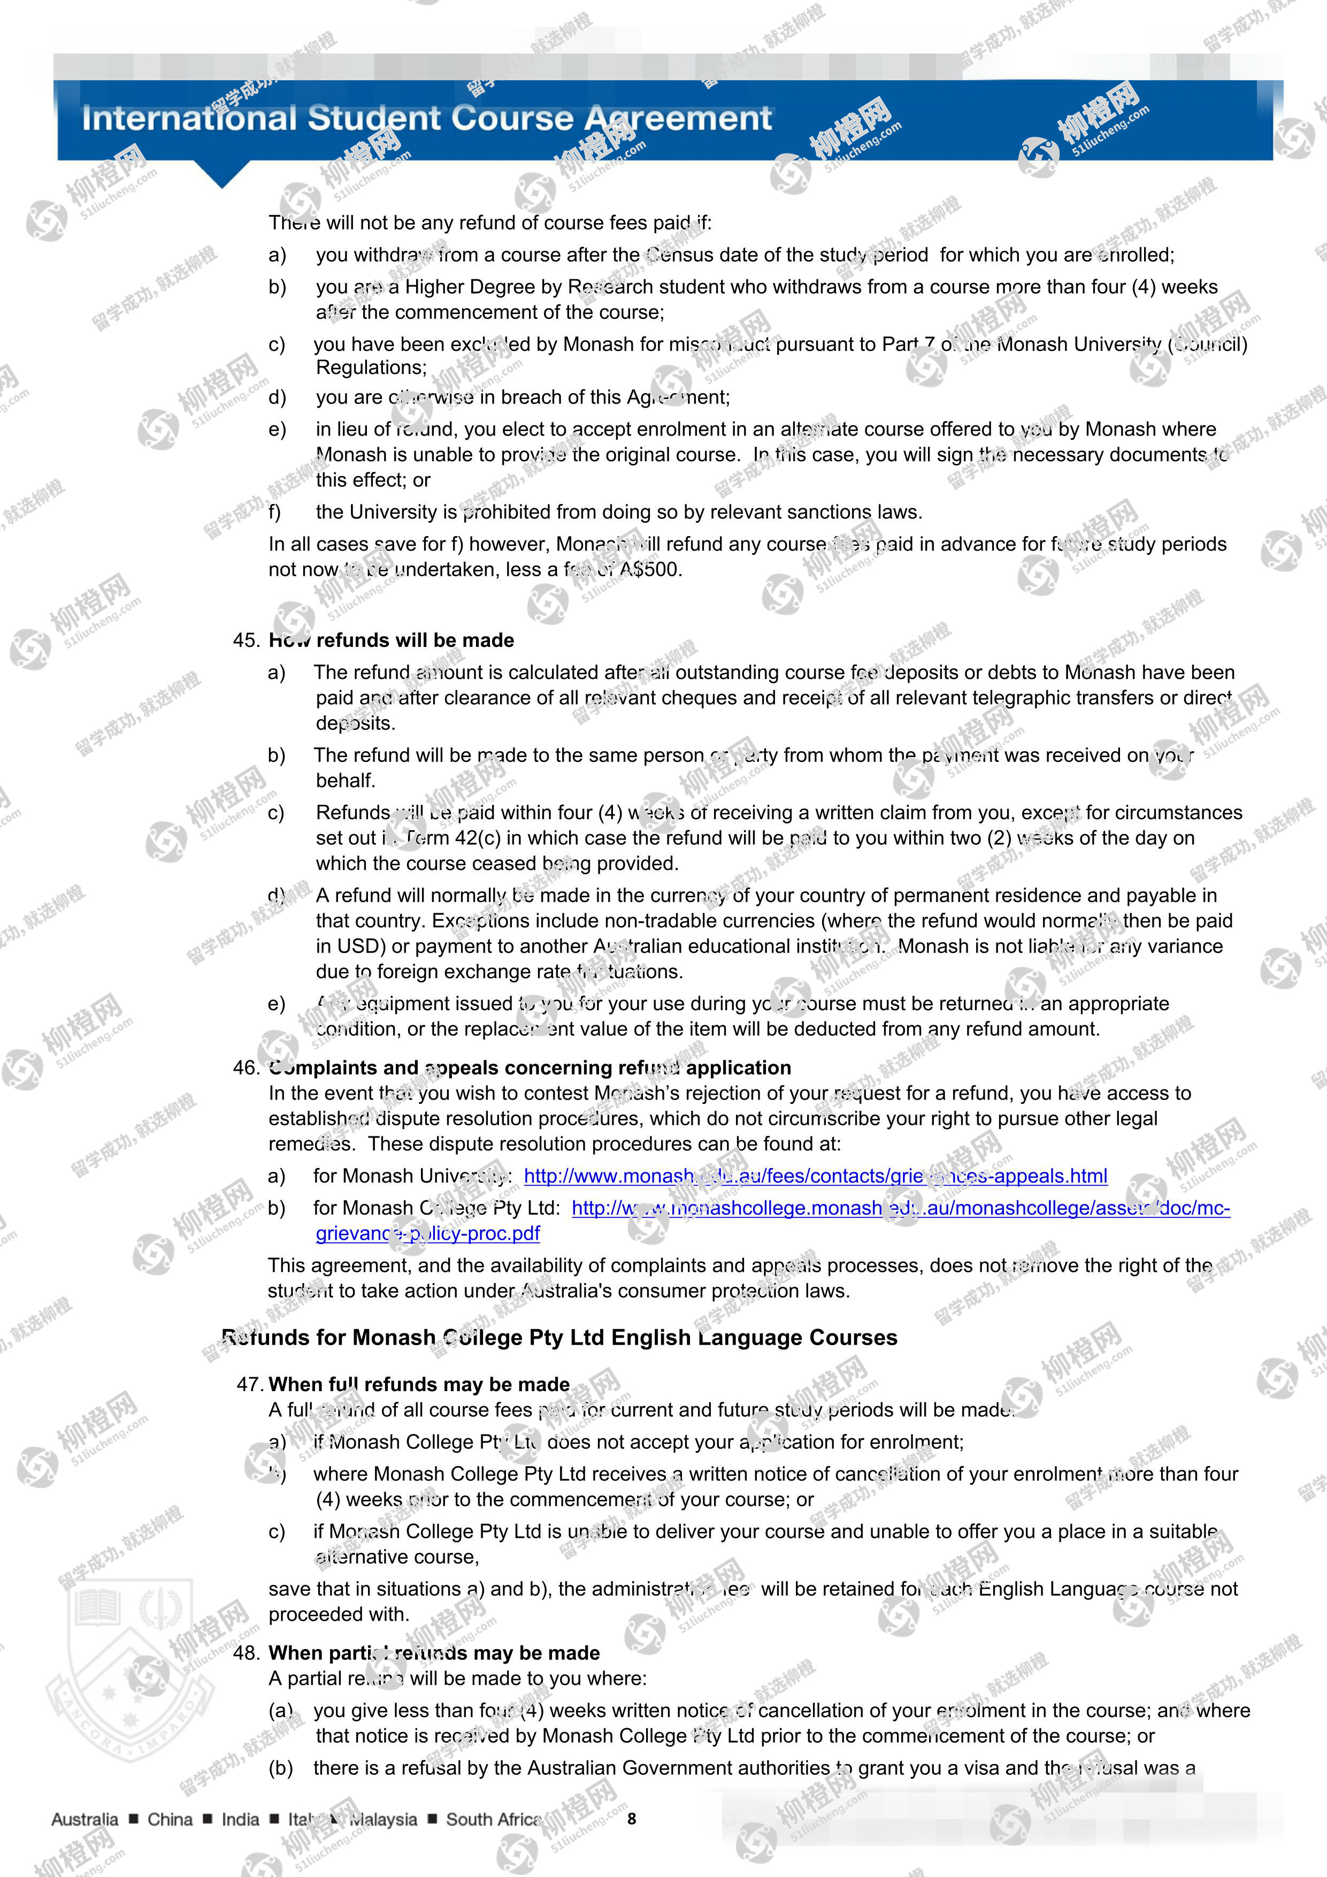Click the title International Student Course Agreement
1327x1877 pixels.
point(426,119)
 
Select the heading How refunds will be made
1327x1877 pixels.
point(392,640)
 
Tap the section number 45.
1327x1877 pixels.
point(246,640)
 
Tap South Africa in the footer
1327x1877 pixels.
point(493,1819)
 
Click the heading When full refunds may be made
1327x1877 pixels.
point(419,1384)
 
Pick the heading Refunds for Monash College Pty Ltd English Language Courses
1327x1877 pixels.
point(559,1338)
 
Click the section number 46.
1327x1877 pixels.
point(246,1067)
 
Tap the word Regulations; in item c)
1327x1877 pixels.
point(371,368)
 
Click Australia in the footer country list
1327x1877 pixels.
point(84,1819)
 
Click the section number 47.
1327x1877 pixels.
point(249,1384)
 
